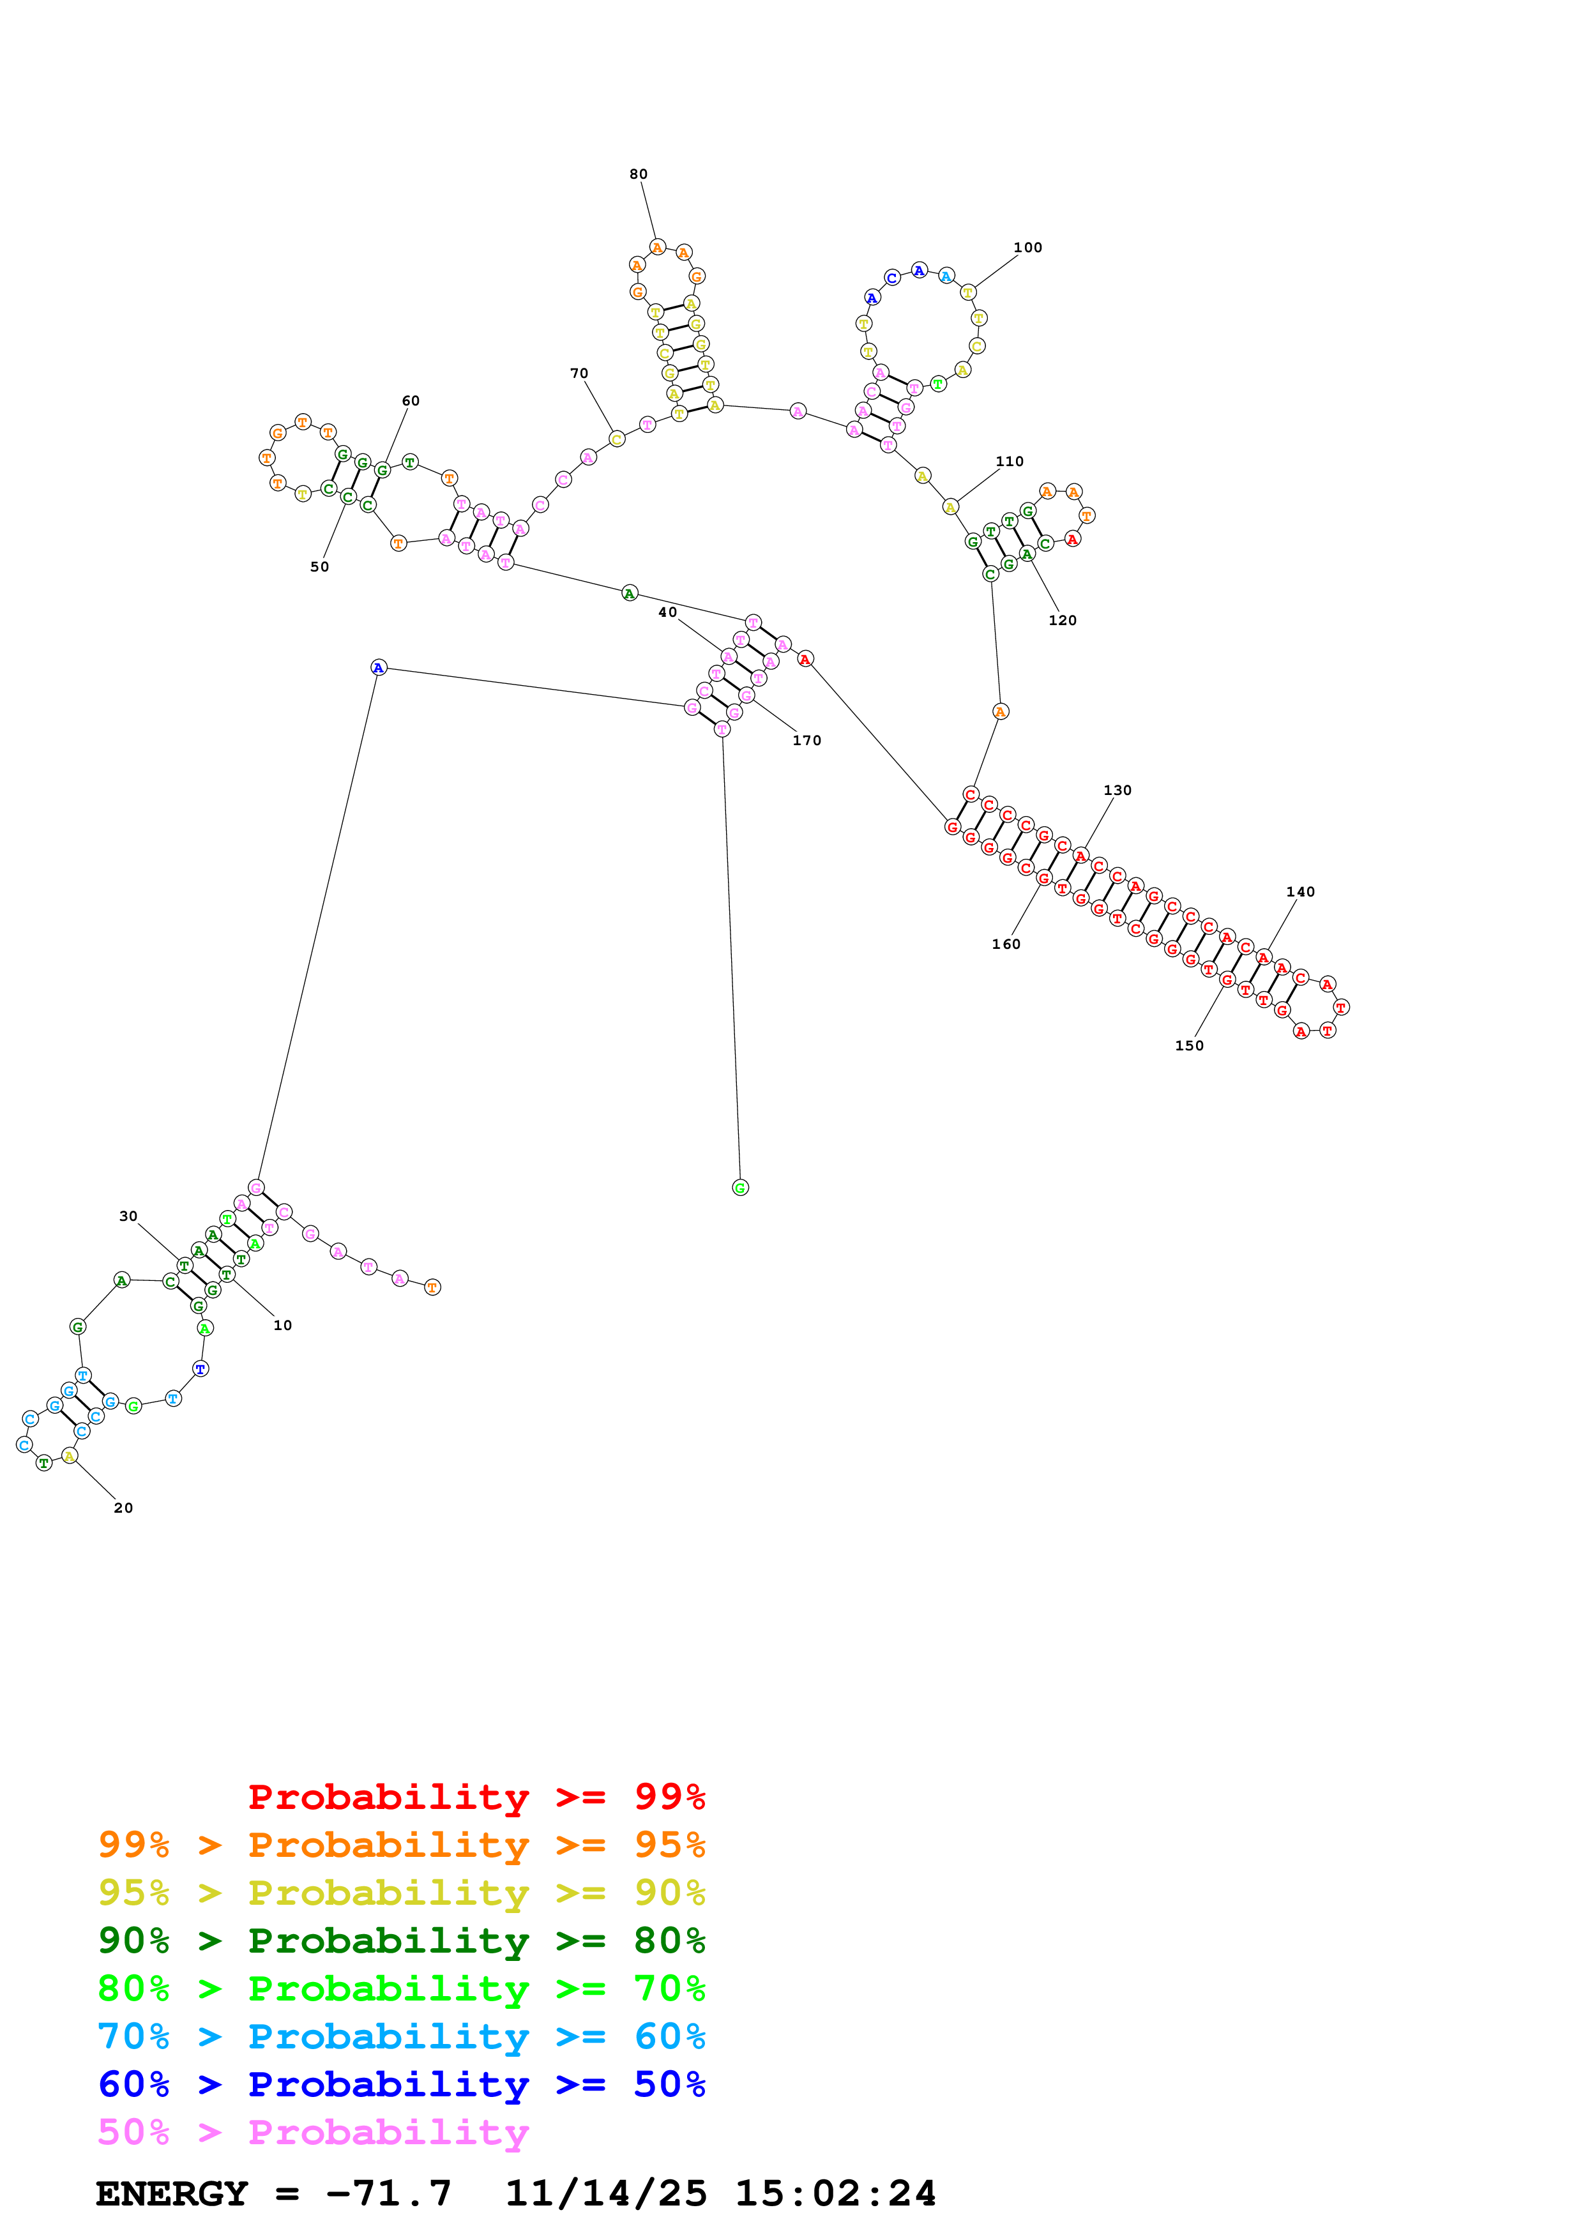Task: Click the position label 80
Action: [x=638, y=174]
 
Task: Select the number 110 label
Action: [x=1010, y=462]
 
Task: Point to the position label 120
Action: [x=1062, y=621]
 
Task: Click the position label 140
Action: [x=1300, y=891]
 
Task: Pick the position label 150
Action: [x=1189, y=1046]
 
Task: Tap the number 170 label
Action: [x=807, y=741]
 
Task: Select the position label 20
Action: [x=123, y=1508]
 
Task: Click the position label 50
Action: [x=319, y=567]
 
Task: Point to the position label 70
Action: [x=579, y=374]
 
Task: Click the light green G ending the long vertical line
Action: [x=740, y=1187]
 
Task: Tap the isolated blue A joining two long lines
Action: [x=379, y=667]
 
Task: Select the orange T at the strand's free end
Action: [x=433, y=1287]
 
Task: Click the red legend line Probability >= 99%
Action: [x=477, y=1796]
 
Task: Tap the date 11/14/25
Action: [x=606, y=2193]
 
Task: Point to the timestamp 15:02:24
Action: [x=835, y=2193]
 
